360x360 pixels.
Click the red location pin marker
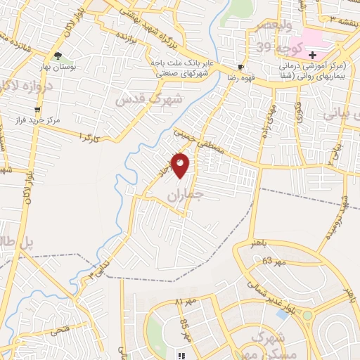pyautogui.click(x=181, y=165)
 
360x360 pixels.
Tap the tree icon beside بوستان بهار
pyautogui.click(x=58, y=56)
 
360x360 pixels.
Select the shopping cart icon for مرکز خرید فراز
pyautogui.click(x=37, y=110)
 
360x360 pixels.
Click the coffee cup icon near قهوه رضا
pyautogui.click(x=241, y=67)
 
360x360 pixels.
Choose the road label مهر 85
pyautogui.click(x=185, y=328)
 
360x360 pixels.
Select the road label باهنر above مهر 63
pyautogui.click(x=258, y=243)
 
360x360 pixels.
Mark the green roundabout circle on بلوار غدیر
pyautogui.click(x=307, y=315)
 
